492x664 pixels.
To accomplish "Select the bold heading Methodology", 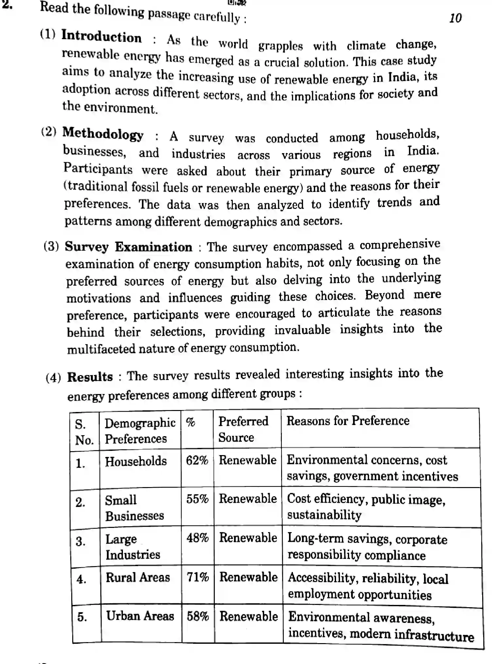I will pos(103,134).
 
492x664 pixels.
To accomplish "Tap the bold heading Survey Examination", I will pos(128,247).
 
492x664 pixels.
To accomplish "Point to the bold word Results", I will pos(90,377).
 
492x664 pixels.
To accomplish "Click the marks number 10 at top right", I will pos(455,18).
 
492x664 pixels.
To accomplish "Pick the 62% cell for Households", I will pos(197,461).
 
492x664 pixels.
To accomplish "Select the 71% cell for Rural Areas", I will pos(198,577).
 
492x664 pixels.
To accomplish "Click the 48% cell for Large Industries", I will pos(197,538).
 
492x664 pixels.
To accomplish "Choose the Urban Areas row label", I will pos(140,616).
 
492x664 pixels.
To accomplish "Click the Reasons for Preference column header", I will pos(348,420).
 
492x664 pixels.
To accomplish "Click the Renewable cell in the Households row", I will pos(247,460).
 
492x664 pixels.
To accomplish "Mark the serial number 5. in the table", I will pos(82,617).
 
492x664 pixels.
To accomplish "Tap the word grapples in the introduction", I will pos(280,46).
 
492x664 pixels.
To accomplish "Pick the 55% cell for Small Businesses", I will pos(197,499).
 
